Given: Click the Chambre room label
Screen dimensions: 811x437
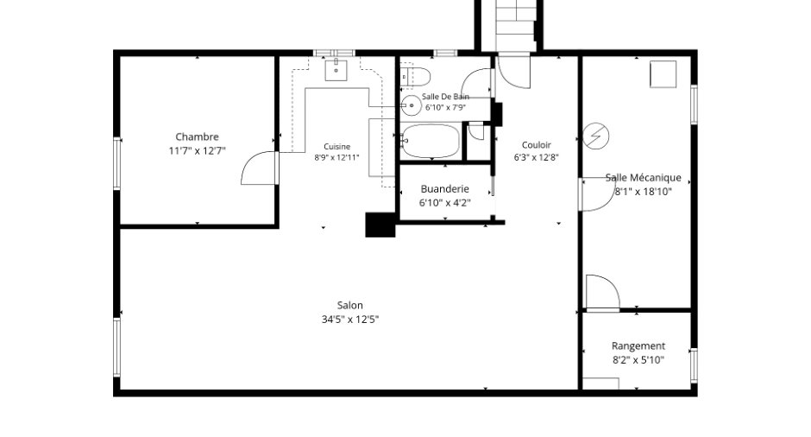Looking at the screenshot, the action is point(197,136).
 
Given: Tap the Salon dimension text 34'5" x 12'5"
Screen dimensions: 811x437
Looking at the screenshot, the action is point(350,320).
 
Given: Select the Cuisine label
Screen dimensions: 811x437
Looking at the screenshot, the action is point(336,147).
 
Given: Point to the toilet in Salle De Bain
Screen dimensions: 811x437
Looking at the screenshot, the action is point(415,77).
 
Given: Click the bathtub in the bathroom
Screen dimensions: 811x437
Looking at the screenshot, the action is point(431,141).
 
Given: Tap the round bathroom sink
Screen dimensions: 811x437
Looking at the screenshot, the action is point(412,105).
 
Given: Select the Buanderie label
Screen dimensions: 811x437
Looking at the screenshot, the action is point(445,189).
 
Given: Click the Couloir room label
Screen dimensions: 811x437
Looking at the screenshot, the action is point(537,145).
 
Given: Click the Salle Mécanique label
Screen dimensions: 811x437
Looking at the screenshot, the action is point(644,178).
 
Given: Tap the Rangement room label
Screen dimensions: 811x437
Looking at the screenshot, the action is point(638,345).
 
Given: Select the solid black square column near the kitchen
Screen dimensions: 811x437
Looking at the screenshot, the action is point(380,225).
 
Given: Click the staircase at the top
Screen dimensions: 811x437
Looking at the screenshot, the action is point(516,25).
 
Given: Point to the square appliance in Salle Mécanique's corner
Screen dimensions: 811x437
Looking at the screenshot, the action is point(663,74).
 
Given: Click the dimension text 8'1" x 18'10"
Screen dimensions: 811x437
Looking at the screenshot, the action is point(644,192).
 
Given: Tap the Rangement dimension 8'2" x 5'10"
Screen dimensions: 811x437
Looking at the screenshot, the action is point(638,360).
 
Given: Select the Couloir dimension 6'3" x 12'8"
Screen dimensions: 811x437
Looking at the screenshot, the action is point(537,157).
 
